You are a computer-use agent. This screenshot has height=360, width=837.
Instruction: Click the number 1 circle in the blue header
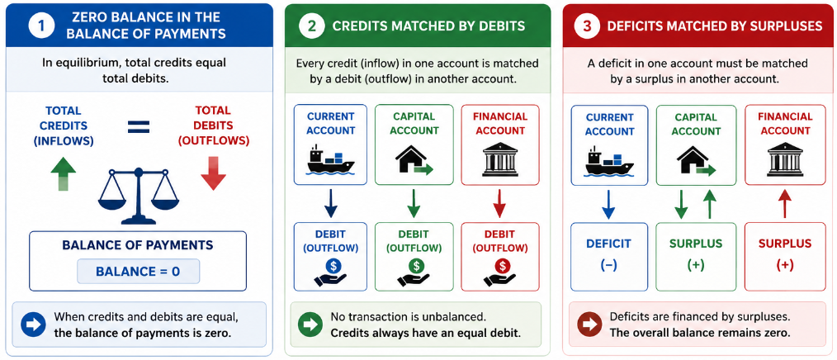[x=41, y=26]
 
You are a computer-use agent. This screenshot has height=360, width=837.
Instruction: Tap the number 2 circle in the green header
[x=310, y=26]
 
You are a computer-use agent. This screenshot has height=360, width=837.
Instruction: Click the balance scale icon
[x=138, y=196]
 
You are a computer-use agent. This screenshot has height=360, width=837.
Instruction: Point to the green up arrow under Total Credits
[x=63, y=173]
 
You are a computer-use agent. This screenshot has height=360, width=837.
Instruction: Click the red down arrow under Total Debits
[x=214, y=173]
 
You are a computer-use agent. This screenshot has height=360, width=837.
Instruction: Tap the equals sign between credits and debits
[x=138, y=126]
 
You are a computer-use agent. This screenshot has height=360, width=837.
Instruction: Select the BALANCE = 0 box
[x=138, y=271]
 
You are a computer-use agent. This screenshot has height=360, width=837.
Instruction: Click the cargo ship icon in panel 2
[x=330, y=159]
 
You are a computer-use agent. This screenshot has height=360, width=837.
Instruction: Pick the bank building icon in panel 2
[x=500, y=159]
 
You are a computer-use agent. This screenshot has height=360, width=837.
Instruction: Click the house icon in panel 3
[x=695, y=160]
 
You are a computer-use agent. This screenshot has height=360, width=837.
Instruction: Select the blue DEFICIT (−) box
[x=609, y=257]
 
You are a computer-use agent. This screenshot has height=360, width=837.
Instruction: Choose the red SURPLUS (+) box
[x=784, y=257]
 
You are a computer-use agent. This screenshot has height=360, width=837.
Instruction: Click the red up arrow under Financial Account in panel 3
[x=784, y=204]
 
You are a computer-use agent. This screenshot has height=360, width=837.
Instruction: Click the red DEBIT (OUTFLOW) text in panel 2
[x=500, y=241]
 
